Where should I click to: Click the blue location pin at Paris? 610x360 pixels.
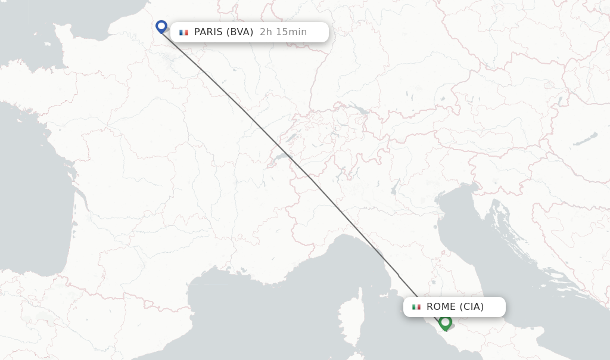point(161,26)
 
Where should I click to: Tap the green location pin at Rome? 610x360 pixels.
point(445,322)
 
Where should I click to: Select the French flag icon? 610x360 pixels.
point(183,32)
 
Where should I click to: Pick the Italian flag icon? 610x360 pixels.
point(416,307)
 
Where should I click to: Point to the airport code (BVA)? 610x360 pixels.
point(239,32)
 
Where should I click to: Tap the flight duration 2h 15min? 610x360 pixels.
point(283,32)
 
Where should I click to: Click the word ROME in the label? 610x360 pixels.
point(440,307)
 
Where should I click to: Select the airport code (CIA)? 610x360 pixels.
point(471,307)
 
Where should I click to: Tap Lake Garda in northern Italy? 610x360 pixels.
point(394,190)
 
